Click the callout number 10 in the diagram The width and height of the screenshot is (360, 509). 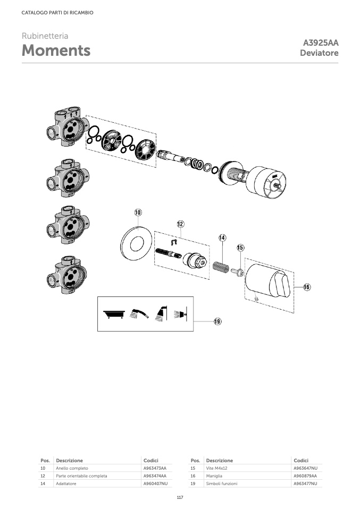pos(138,213)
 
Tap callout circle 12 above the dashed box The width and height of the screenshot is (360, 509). pos(180,224)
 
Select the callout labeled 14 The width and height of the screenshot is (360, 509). pos(222,237)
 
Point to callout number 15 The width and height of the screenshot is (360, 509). pos(240,248)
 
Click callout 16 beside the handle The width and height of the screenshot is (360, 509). pos(307,287)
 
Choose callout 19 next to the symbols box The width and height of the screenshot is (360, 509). pos(217,321)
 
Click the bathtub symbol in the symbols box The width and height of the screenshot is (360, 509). pos(114,314)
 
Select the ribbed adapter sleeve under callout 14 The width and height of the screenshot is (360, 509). pos(221,266)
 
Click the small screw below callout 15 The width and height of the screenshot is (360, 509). pos(238,272)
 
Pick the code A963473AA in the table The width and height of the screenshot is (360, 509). pos(155,468)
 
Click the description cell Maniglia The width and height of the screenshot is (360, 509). pos(214,476)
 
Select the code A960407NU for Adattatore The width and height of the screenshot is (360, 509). pos(156,483)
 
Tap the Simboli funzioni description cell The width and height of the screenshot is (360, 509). pos(222,483)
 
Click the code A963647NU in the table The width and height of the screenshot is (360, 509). pos(305,468)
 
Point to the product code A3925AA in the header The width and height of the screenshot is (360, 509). pos(321,43)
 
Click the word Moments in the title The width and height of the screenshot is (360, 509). pos(56,50)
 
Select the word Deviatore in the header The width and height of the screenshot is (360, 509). pos(319,53)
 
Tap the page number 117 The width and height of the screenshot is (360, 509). pos(180,498)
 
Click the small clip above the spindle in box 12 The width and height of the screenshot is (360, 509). pos(174,242)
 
